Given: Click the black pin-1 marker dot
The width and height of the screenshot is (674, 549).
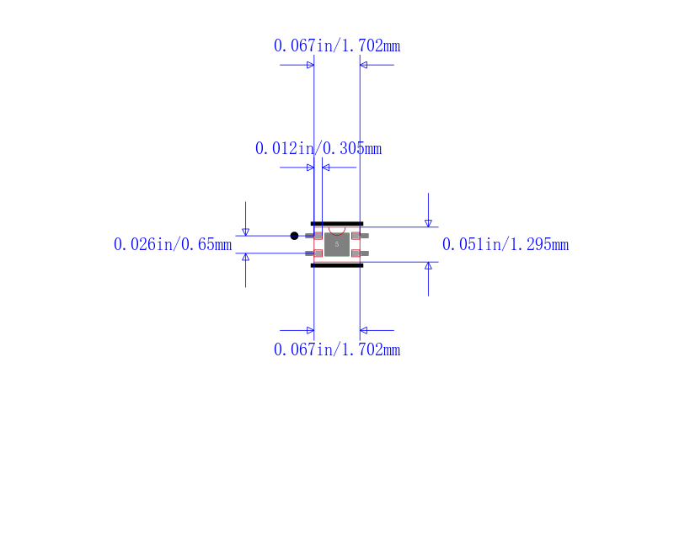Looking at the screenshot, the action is [x=294, y=236].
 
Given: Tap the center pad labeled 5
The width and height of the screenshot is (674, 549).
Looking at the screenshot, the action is [x=337, y=244].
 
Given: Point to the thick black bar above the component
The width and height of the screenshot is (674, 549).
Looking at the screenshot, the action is [x=337, y=224].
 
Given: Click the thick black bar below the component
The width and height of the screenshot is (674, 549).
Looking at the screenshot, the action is [x=337, y=265].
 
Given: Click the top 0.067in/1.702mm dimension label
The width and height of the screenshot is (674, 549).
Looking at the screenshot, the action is [x=337, y=46].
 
